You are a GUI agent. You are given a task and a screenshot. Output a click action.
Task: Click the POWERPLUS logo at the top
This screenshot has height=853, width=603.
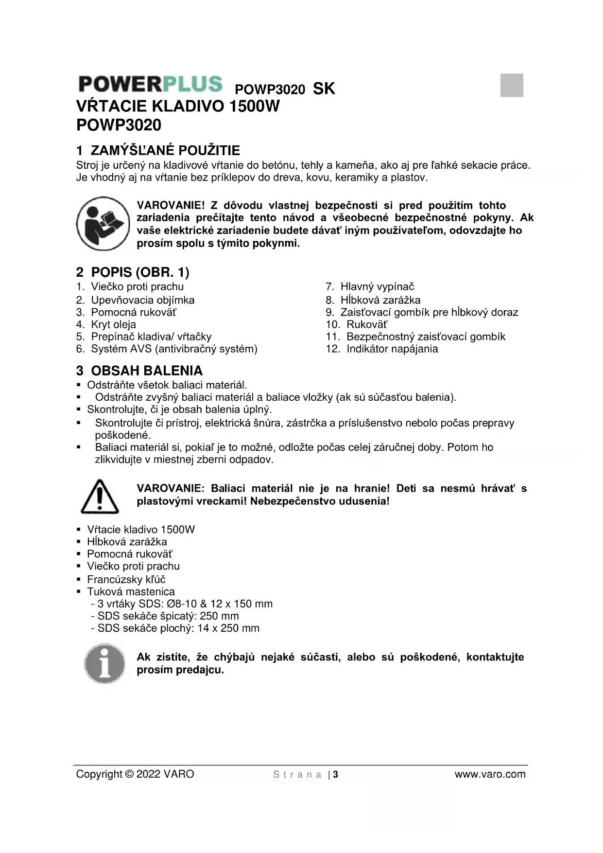pos(150,84)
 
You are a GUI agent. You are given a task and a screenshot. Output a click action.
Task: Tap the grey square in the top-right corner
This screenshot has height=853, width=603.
pos(512,85)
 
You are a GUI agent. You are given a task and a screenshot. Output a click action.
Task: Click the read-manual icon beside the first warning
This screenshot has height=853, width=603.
pos(103,224)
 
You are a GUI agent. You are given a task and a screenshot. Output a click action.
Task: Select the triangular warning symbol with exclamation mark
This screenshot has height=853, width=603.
pos(100,497)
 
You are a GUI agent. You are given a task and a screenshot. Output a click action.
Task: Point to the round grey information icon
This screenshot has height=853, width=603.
pos(103,663)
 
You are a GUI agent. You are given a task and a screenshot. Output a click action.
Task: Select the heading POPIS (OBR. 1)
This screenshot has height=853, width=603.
pos(133,272)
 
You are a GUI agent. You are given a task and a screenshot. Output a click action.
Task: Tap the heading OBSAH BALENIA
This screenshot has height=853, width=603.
pos(139,371)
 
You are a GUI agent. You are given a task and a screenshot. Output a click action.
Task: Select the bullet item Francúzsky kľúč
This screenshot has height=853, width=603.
pos(126,579)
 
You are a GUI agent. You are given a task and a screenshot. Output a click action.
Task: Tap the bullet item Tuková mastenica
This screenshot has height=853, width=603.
pos(131,591)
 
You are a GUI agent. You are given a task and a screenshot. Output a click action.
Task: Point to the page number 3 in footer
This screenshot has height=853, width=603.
pos(336,774)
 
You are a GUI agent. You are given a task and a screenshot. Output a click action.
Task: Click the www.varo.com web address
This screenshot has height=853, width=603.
pos(490,774)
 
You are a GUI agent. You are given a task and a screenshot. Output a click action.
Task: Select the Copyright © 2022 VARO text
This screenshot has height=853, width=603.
pos(135,774)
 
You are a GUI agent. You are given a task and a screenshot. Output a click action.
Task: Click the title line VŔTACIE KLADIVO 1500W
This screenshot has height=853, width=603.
pos(178,106)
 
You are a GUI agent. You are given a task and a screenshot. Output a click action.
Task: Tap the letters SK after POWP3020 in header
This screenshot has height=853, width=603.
pos(324,89)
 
